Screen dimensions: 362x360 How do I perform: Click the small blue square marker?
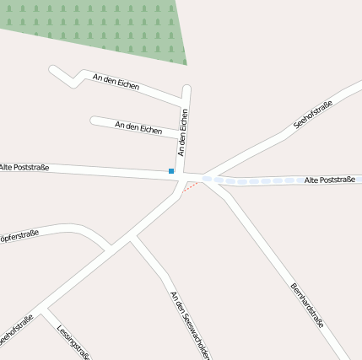[171, 171]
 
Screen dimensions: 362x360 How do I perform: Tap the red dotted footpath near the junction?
[192, 186]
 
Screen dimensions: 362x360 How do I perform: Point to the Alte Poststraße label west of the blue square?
[24, 167]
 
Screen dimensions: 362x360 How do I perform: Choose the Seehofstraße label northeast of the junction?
[313, 115]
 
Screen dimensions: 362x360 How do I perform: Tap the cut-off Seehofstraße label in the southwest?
[15, 330]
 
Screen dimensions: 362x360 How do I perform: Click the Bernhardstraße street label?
[307, 304]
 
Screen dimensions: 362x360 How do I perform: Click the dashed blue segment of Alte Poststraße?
[253, 180]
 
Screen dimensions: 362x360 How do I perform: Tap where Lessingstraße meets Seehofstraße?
[46, 308]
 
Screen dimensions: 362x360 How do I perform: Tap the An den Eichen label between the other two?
[138, 128]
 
